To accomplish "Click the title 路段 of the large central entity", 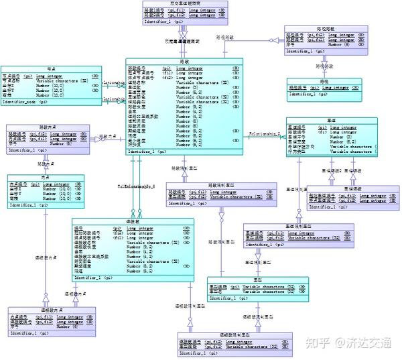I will [184, 61].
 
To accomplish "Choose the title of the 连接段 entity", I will [133, 221].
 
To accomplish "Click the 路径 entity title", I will [326, 80].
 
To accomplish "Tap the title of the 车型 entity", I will [257, 280].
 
